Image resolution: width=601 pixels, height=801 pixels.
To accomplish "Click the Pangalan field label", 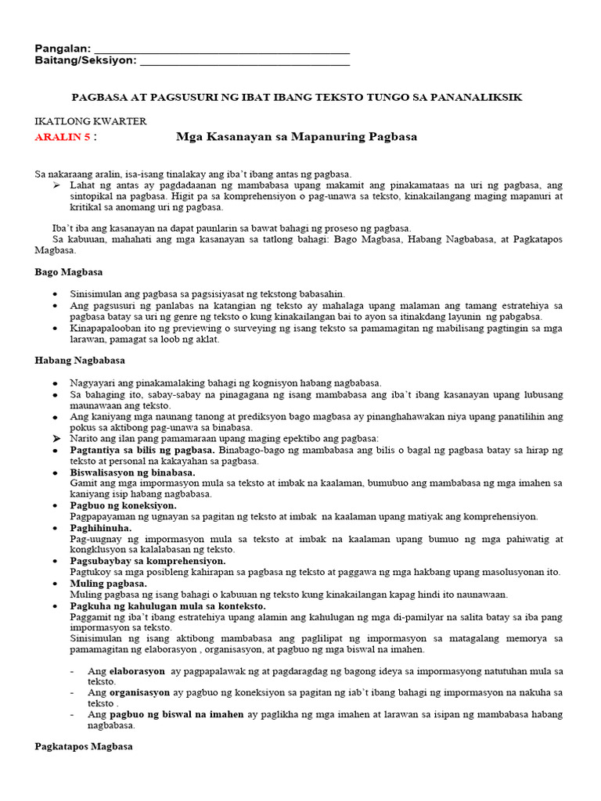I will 63,48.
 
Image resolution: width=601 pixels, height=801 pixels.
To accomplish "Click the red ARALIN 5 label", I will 64,137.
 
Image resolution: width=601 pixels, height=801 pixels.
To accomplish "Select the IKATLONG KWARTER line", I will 91,121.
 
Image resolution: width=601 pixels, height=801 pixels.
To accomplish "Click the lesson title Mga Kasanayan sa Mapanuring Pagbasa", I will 297,137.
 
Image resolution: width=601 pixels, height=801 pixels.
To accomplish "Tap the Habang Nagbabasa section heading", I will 80,361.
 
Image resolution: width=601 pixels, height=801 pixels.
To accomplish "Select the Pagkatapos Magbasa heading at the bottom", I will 83,747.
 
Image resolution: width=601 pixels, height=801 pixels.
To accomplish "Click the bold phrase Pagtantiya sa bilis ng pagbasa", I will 142,450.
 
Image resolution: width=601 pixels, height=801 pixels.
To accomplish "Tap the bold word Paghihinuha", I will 101,528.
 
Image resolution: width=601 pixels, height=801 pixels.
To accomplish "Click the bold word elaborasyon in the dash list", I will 137,671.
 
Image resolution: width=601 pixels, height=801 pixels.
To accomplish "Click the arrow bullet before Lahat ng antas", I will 56,185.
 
